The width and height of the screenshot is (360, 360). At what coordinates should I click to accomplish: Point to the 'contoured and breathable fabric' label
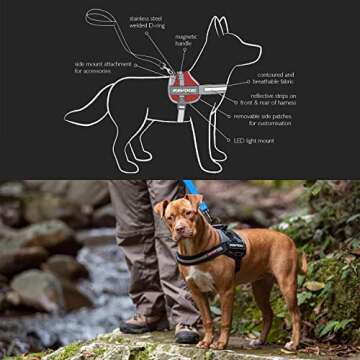point(275,78)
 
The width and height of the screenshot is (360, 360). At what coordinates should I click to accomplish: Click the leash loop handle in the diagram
point(100,17)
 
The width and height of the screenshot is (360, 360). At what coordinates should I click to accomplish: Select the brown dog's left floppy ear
point(160,211)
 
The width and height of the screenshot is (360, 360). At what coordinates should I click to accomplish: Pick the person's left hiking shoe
point(140,323)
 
